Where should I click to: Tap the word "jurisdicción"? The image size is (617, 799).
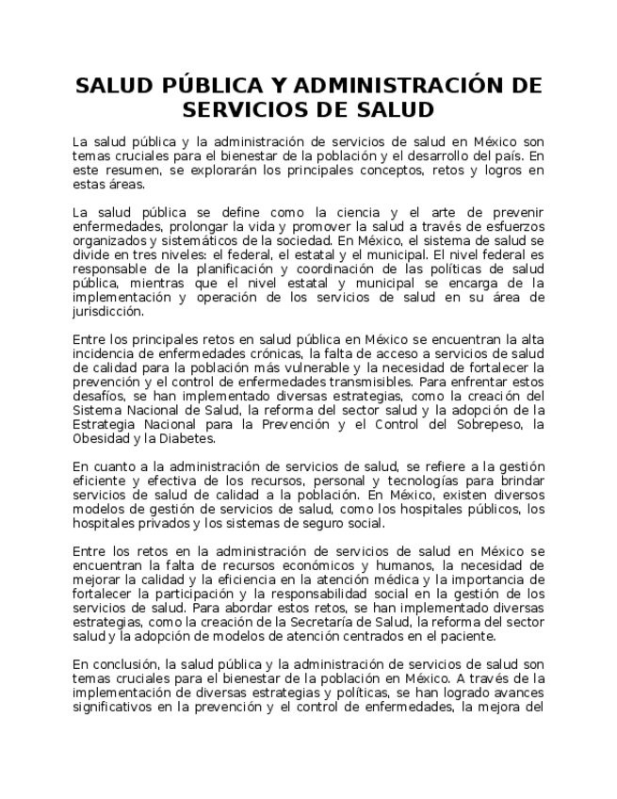coord(108,311)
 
